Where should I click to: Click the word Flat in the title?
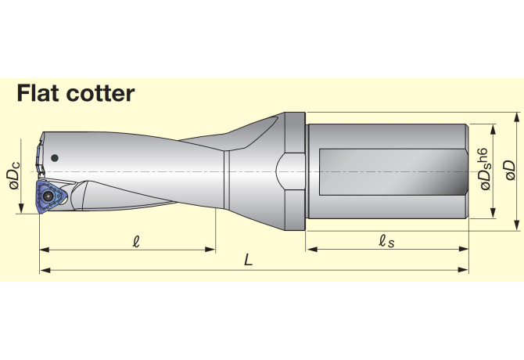click(x=40, y=93)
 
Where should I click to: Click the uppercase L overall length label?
click(x=248, y=261)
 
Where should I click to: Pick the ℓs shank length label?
click(x=386, y=241)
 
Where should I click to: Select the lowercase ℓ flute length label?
click(x=137, y=241)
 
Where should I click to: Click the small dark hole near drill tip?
click(x=55, y=158)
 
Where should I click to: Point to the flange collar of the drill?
click(x=293, y=171)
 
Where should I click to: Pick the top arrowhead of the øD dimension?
click(x=517, y=117)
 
